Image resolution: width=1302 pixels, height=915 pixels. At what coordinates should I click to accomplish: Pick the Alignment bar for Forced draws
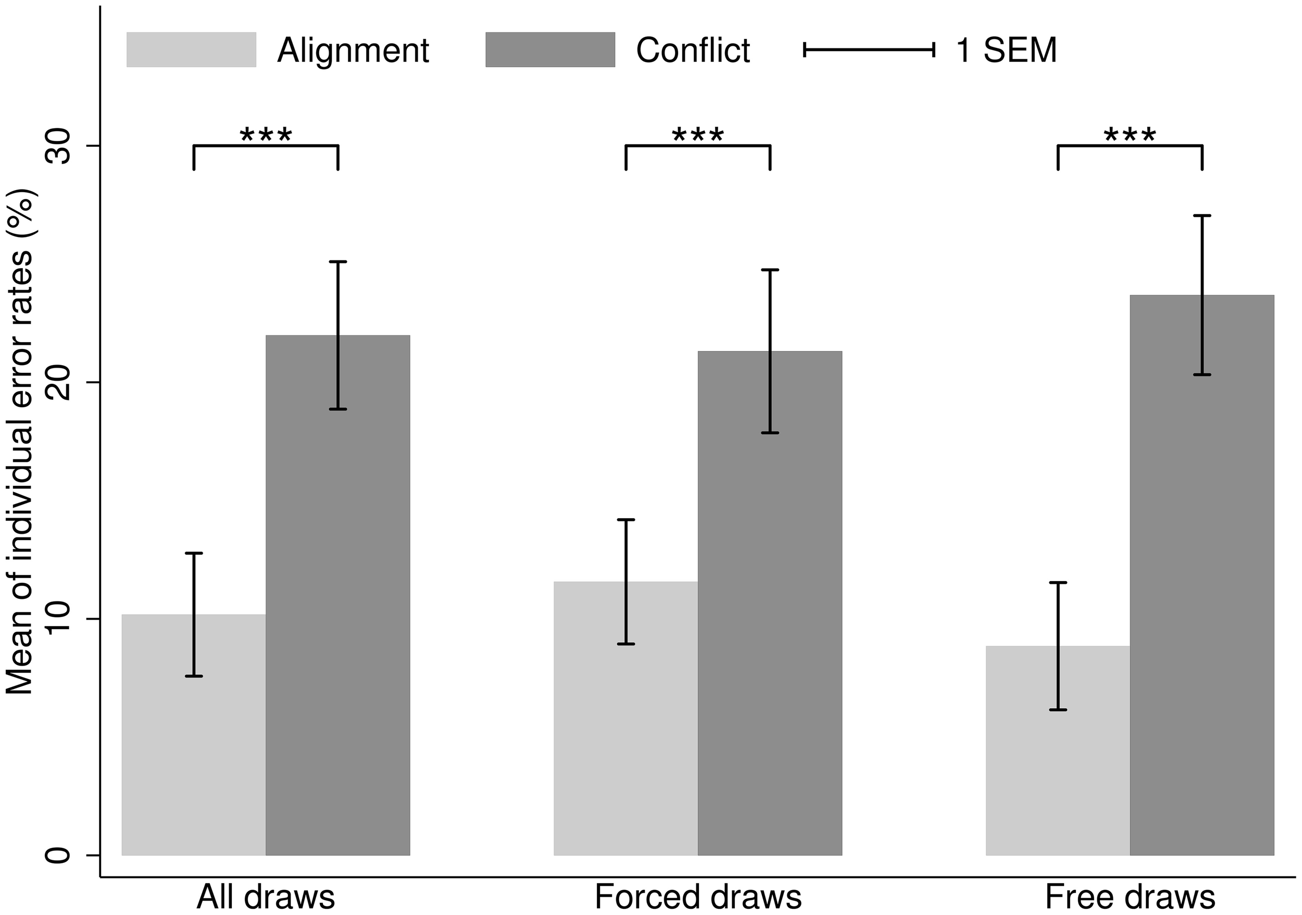pyautogui.click(x=601, y=737)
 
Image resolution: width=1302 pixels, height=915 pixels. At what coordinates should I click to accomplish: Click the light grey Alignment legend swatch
pyautogui.click(x=191, y=50)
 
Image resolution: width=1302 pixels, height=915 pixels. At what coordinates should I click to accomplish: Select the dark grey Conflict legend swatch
pyautogui.click(x=550, y=50)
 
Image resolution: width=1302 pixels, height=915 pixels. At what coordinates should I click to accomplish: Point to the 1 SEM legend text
pyautogui.click(x=1007, y=51)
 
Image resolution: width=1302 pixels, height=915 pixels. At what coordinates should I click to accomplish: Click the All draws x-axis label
pyautogui.click(x=266, y=897)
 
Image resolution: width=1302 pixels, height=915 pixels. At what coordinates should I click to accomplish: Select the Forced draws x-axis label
pyautogui.click(x=698, y=897)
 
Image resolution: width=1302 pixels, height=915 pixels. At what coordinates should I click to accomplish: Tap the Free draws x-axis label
pyautogui.click(x=1130, y=897)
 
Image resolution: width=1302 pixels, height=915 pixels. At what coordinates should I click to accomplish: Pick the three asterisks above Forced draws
pyautogui.click(x=698, y=136)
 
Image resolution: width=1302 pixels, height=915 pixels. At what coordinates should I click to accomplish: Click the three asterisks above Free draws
pyautogui.click(x=1130, y=136)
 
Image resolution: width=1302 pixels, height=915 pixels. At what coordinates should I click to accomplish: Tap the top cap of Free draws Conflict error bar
pyautogui.click(x=1201, y=216)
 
